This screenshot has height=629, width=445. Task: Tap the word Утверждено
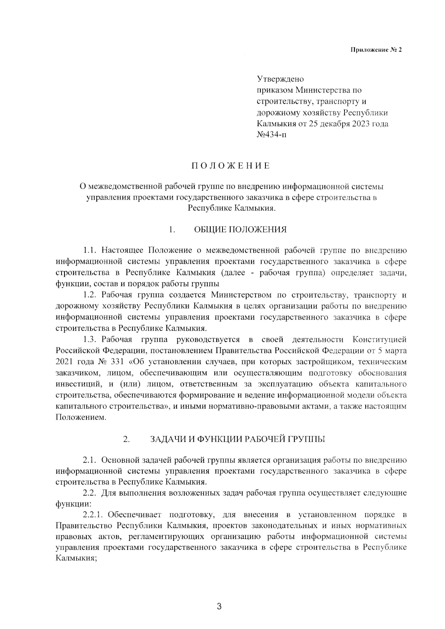pos(280,79)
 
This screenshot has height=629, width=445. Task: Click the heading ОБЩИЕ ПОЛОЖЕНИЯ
pos(240,229)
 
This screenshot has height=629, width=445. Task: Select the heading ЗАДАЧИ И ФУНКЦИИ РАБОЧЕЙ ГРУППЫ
pos(237,440)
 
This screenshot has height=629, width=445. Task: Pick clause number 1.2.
pos(90,295)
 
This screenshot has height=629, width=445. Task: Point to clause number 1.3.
pos(90,340)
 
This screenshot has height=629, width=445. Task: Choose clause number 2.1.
pos(90,461)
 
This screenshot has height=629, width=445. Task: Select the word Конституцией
pos(379,340)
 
